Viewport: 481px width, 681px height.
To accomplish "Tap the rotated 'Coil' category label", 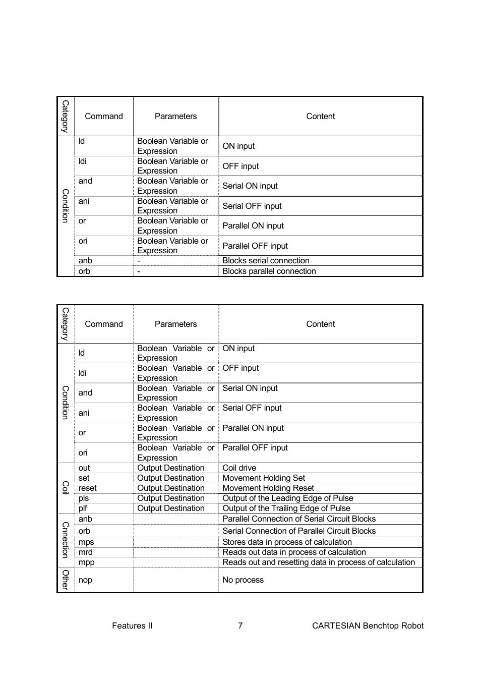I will pos(65,488).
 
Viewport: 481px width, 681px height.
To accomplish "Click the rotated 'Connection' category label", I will pos(65,540).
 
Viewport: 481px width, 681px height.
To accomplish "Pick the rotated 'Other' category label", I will pos(65,580).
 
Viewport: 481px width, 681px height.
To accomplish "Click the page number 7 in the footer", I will pos(240,626).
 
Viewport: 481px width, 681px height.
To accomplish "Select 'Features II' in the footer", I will pos(132,626).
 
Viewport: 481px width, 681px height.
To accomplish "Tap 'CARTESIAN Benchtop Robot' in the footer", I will pos(368,626).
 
